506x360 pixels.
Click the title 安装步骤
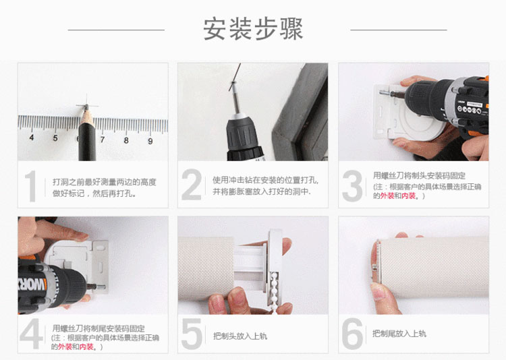[x=253, y=29]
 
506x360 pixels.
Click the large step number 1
[x=30, y=186]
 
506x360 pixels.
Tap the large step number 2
[x=192, y=184]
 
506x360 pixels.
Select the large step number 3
[x=352, y=186]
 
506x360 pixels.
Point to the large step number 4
[x=31, y=334]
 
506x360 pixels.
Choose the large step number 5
[x=192, y=334]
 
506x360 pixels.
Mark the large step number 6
[x=352, y=334]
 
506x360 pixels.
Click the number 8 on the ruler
[x=126, y=140]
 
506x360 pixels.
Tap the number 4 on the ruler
[x=31, y=138]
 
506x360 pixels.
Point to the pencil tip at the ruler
[x=86, y=109]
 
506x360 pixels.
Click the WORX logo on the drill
[x=32, y=285]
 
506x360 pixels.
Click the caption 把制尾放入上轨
[x=399, y=334]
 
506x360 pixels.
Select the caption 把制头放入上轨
[x=240, y=336]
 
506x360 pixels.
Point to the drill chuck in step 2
[x=243, y=134]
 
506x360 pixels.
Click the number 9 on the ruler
[x=150, y=141]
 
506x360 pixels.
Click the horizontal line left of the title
[x=116, y=30]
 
